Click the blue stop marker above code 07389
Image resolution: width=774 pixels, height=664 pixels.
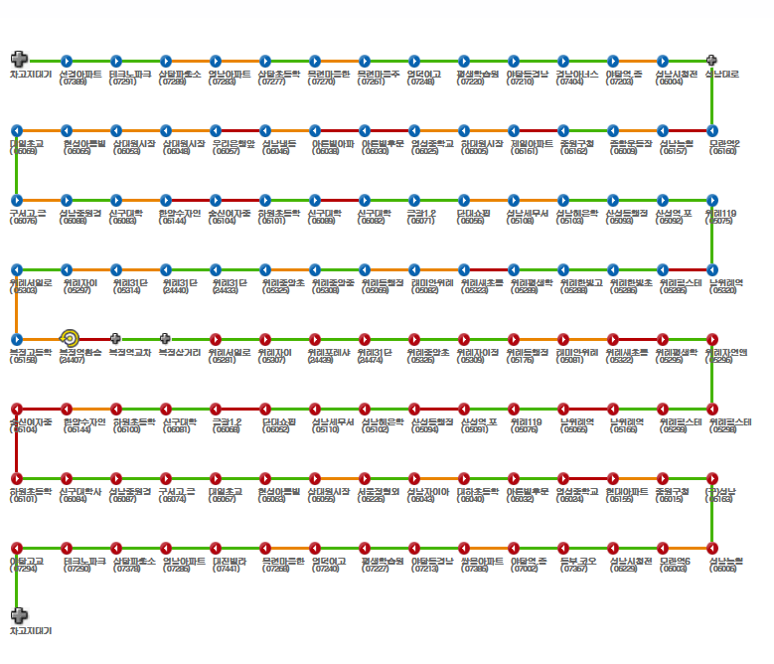click(x=66, y=61)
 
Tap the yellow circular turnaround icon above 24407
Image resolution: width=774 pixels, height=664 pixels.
click(x=69, y=339)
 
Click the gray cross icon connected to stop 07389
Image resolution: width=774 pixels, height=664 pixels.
click(x=18, y=61)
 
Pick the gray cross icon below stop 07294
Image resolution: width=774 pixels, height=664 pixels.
click(x=18, y=615)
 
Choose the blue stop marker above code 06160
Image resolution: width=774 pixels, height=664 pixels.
click(x=711, y=130)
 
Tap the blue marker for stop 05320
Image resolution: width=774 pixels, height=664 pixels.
click(x=711, y=269)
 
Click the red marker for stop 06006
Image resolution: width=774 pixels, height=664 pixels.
click(x=711, y=548)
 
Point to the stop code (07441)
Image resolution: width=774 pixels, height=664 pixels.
click(x=227, y=570)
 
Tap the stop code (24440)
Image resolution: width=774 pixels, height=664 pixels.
click(x=175, y=291)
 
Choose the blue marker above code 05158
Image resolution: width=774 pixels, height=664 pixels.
click(x=16, y=339)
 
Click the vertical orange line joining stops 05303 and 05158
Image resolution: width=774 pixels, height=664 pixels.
click(x=16, y=304)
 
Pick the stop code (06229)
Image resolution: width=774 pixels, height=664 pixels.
click(x=624, y=570)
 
